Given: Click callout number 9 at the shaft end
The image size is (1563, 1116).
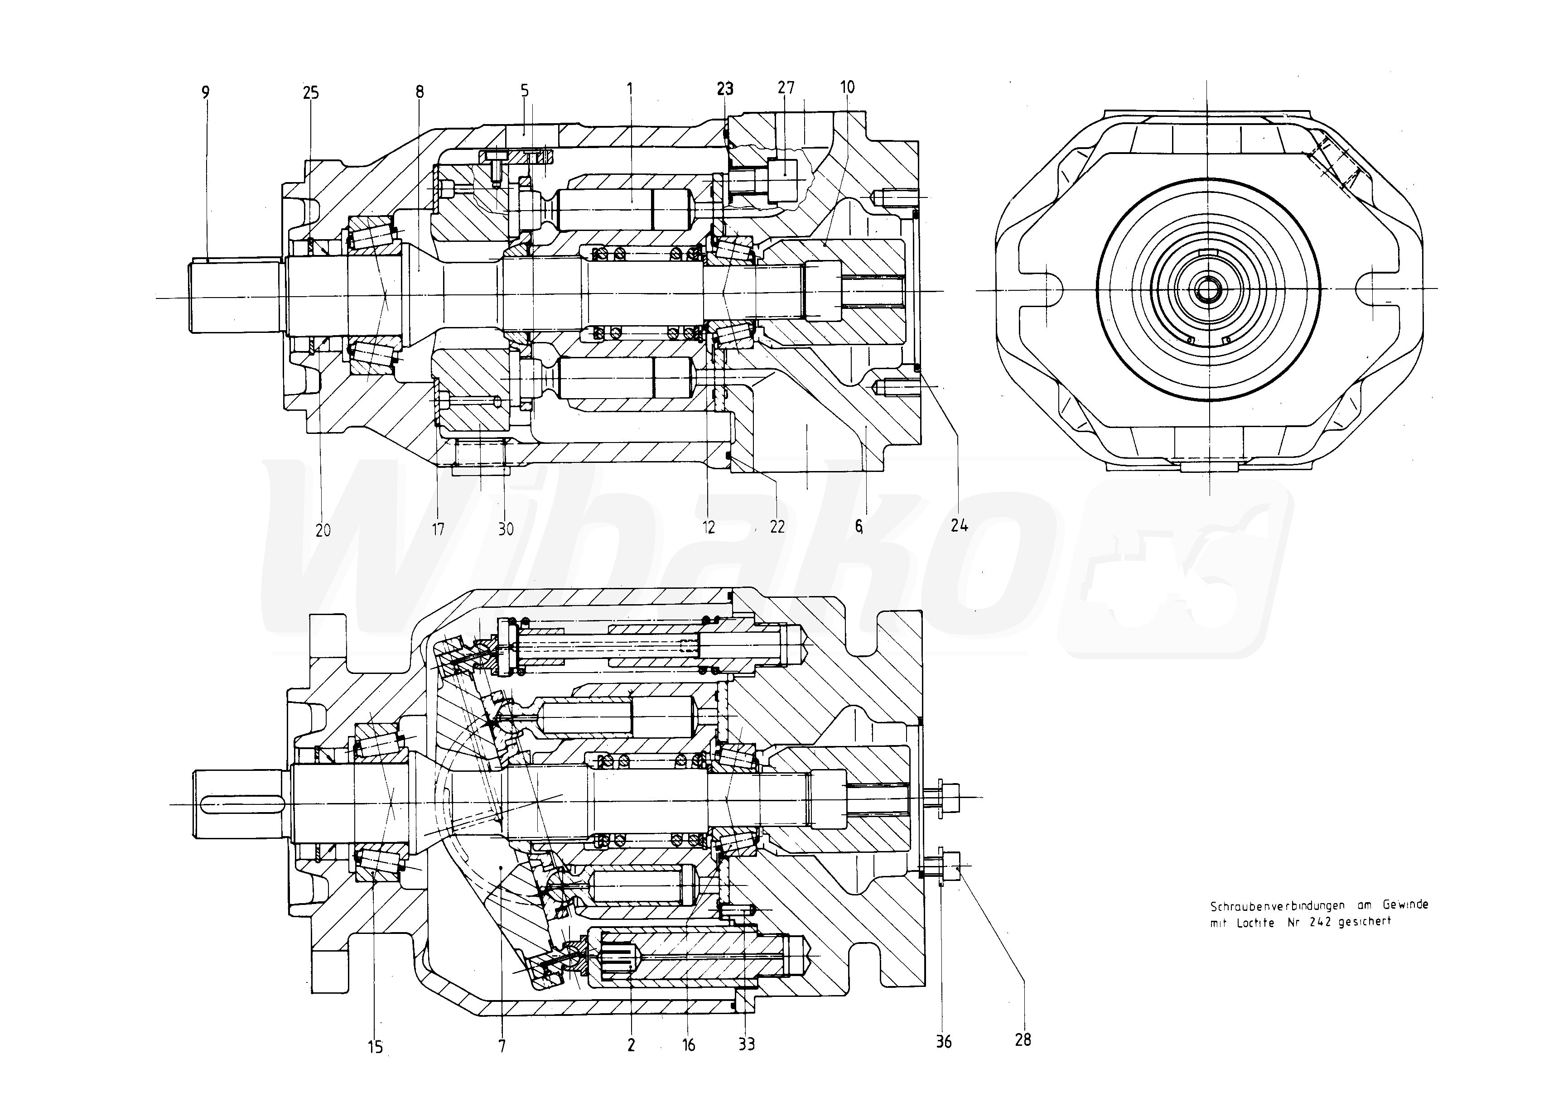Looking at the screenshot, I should (x=206, y=92).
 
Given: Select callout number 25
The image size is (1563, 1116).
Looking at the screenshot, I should (x=311, y=92).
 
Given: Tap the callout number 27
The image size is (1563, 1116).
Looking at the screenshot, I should (x=786, y=87).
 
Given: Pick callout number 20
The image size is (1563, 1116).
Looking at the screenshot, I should (x=323, y=530).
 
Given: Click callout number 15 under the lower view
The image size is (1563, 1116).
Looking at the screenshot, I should (x=375, y=1047).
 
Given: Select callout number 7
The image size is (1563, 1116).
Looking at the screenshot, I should (x=502, y=1047).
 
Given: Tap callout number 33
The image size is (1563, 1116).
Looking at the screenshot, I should (x=747, y=1044).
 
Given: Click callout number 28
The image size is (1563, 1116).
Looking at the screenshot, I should (x=1023, y=1040).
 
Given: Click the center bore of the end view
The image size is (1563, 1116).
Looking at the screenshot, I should (x=1208, y=290).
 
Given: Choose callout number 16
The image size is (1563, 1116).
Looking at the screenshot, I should (x=689, y=1045).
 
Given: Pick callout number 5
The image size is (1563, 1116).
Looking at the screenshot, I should (x=525, y=90).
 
